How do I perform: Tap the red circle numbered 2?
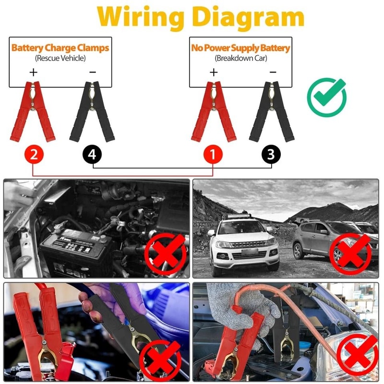click(x=34, y=155)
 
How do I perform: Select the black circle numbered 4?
click(x=92, y=155)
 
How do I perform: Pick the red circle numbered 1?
click(x=214, y=155)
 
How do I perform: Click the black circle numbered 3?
click(x=271, y=155)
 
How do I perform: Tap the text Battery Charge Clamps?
click(x=60, y=48)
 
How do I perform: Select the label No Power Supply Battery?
click(x=240, y=48)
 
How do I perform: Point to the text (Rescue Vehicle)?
click(x=60, y=58)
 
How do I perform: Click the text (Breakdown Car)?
click(x=240, y=58)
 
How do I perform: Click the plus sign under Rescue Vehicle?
click(x=33, y=72)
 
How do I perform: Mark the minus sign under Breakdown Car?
click(x=273, y=72)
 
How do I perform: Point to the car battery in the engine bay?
click(x=77, y=250)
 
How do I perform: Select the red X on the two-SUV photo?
click(x=353, y=252)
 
